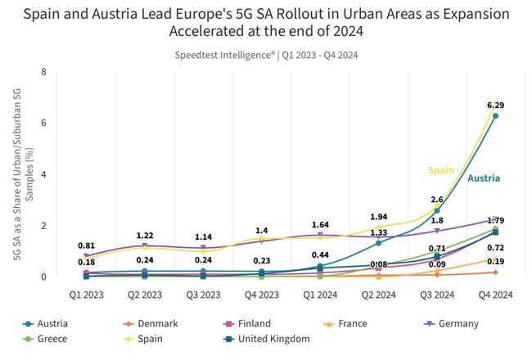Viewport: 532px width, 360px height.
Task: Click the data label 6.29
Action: [495, 106]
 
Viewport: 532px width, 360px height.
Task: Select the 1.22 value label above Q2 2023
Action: [144, 235]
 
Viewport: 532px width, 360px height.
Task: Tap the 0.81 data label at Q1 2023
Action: [86, 245]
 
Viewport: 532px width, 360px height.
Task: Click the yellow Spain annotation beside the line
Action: [441, 170]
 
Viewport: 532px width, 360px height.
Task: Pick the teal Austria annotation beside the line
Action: [484, 178]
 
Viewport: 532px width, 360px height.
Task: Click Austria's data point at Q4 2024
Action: [495, 116]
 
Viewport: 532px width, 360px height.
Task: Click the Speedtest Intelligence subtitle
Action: [266, 55]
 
